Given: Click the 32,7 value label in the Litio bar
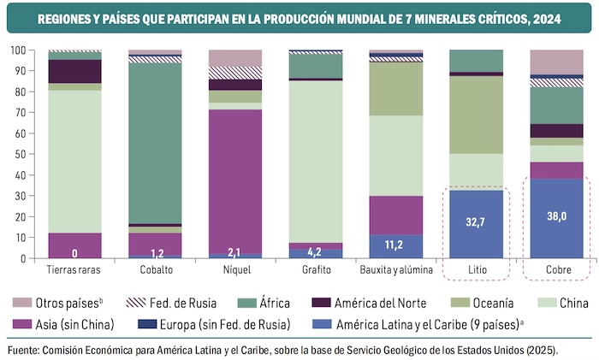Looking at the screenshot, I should tap(476, 220).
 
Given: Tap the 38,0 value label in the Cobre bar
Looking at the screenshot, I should tap(556, 216).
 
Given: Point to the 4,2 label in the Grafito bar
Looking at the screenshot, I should tap(316, 252).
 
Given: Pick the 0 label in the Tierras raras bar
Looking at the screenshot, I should tap(74, 253).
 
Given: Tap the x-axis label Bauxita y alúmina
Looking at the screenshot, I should tap(395, 270).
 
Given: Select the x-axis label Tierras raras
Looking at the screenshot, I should tap(74, 270).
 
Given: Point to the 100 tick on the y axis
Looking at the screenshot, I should tap(22, 50).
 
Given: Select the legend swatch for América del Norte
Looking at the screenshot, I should tap(323, 302).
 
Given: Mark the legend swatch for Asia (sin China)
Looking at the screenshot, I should tap(21, 323).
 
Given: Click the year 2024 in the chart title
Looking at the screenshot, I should tap(548, 17).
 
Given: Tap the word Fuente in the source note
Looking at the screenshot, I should tap(24, 350).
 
